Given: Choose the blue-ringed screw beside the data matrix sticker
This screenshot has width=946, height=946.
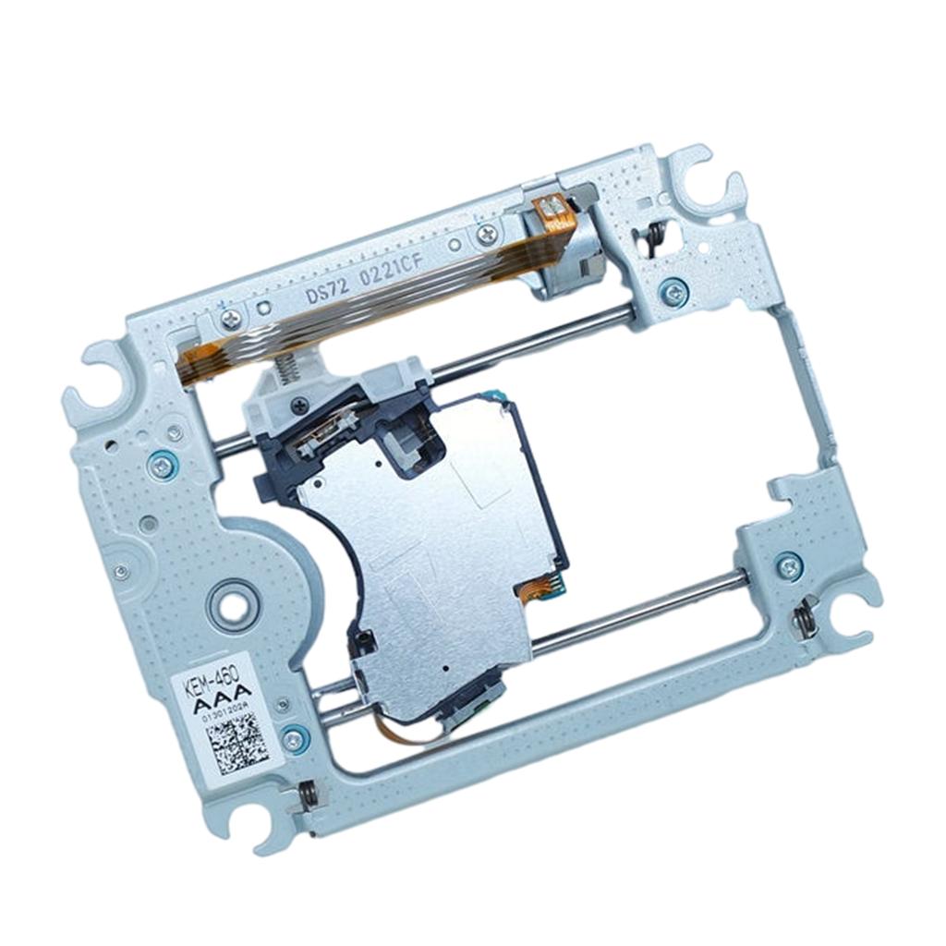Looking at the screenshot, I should [x=294, y=739].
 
